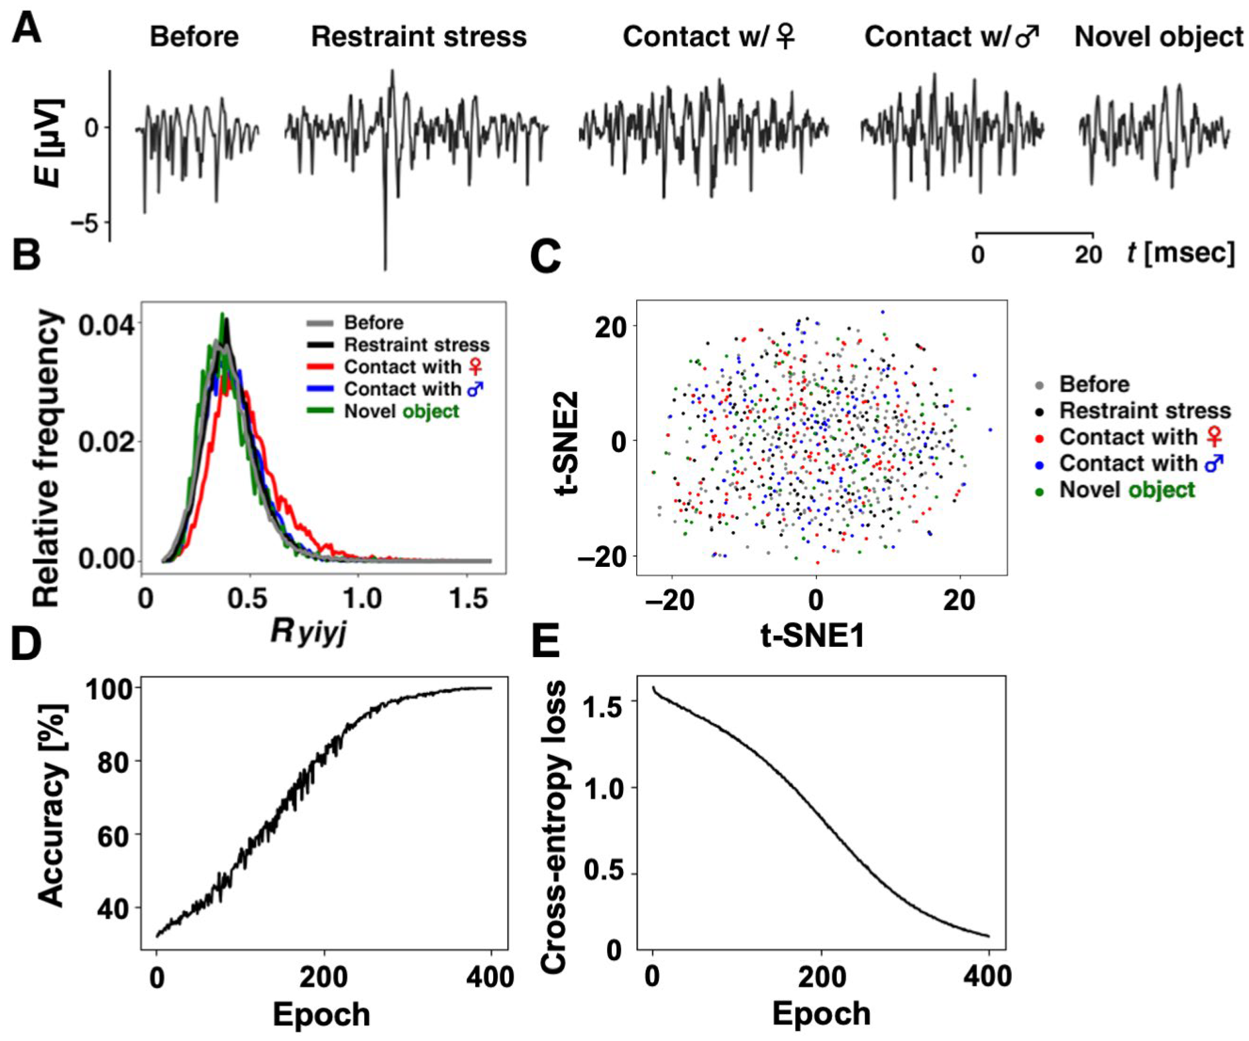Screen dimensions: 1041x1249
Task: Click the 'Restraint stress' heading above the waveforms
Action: tap(419, 37)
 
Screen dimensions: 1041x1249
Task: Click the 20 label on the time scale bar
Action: tap(1088, 255)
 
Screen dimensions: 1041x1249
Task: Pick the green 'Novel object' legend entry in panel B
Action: tap(402, 411)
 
